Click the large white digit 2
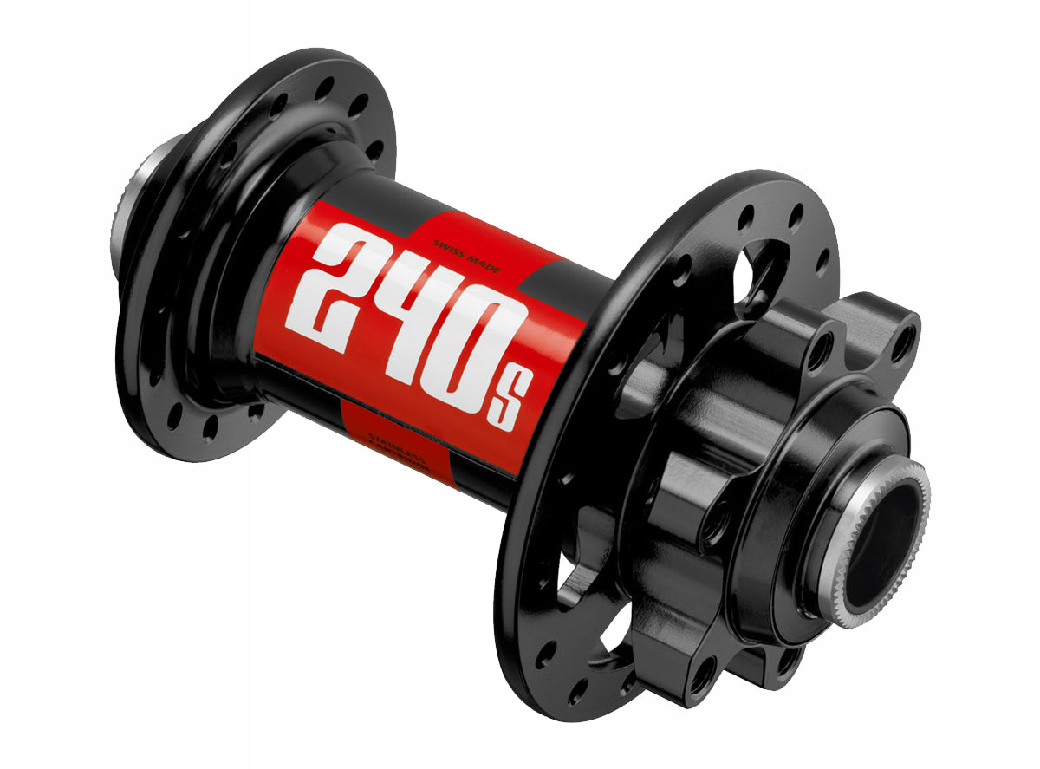(x=334, y=282)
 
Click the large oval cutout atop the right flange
(x=752, y=260)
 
